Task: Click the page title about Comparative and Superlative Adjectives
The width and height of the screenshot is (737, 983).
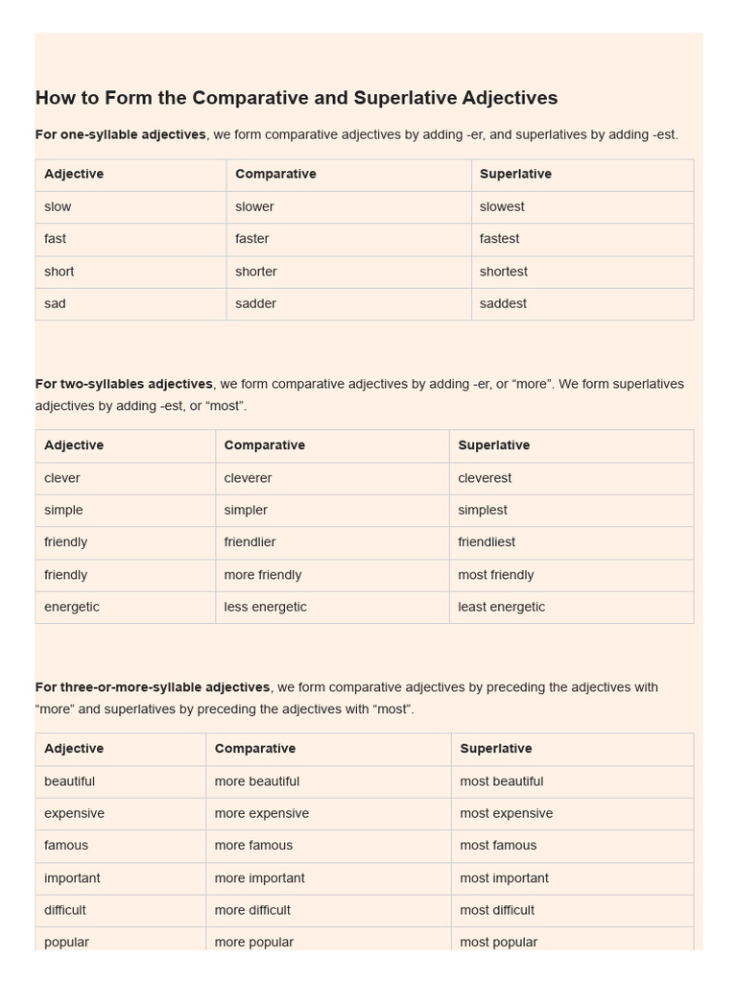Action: [x=297, y=98]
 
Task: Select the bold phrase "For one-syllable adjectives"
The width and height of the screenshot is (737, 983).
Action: [x=120, y=134]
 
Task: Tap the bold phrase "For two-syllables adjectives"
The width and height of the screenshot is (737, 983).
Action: [x=124, y=384]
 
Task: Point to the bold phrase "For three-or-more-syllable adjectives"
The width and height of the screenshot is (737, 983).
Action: [x=153, y=687]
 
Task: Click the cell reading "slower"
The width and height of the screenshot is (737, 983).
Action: [x=254, y=206]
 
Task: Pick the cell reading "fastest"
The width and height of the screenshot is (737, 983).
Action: [x=499, y=239]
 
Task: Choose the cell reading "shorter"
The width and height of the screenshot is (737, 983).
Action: [x=256, y=272]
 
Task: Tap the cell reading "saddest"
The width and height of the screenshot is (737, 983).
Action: [x=503, y=303]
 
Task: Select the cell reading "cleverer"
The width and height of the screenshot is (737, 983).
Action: [x=248, y=478]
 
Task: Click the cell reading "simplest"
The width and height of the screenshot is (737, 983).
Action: [x=483, y=510]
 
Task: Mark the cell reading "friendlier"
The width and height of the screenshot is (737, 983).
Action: [x=250, y=542]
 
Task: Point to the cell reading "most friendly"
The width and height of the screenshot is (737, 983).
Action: [x=495, y=575]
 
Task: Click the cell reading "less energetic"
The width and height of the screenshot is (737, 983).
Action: [x=265, y=607]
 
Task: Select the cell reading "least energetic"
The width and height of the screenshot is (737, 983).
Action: [x=501, y=607]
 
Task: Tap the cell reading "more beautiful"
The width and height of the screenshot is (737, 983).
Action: [x=256, y=781]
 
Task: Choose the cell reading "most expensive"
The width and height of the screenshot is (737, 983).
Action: [x=506, y=813]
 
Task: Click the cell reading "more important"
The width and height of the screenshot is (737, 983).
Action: [x=259, y=878]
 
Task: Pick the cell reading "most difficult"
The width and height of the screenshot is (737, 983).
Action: [x=497, y=910]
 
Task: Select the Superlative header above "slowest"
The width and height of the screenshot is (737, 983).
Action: [x=515, y=174]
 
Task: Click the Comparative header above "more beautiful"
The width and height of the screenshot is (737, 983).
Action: [x=254, y=749]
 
